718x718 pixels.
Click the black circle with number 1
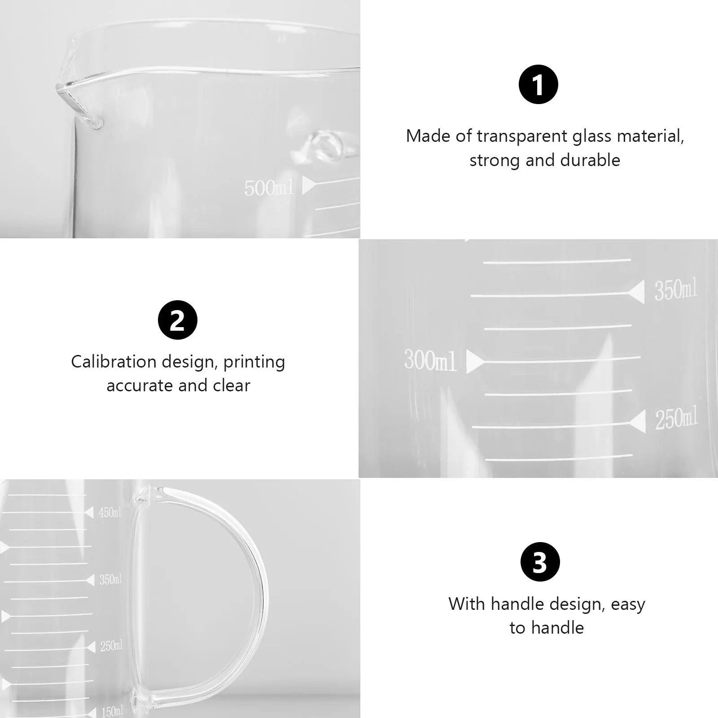[538, 84]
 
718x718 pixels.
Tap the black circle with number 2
[178, 320]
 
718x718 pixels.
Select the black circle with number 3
[540, 562]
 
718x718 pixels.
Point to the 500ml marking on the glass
[268, 188]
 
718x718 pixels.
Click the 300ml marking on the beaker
[430, 360]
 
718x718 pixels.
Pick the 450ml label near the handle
[110, 512]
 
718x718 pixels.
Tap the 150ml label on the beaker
[111, 711]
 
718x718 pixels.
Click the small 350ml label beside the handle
[110, 579]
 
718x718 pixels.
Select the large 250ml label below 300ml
[676, 419]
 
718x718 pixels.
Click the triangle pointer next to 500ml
[309, 185]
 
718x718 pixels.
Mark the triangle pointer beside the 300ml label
[474, 362]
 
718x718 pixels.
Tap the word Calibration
[114, 362]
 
